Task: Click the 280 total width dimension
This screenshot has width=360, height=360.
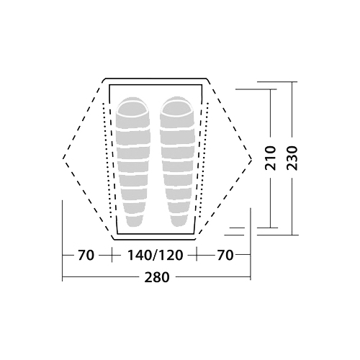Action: click(157, 277)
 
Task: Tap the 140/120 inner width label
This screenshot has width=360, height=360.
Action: click(155, 255)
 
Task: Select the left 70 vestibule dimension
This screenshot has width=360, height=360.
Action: click(86, 255)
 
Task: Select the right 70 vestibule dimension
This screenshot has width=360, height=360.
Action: click(225, 255)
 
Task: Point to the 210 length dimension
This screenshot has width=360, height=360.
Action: click(271, 158)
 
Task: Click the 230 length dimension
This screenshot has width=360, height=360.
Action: click(292, 158)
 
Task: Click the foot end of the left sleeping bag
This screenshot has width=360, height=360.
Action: click(134, 221)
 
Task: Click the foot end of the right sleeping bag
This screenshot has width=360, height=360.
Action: click(179, 221)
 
